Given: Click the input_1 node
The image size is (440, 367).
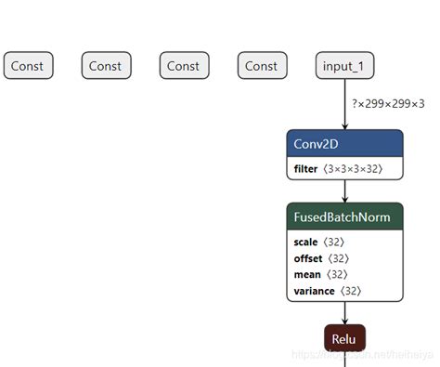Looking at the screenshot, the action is pyautogui.click(x=344, y=66).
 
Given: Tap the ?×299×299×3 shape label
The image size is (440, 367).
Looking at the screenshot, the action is pyautogui.click(x=388, y=104).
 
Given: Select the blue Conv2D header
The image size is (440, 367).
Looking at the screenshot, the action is pyautogui.click(x=344, y=144).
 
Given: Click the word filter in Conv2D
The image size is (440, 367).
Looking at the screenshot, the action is pyautogui.click(x=305, y=169).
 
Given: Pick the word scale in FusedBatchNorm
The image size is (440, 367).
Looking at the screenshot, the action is pyautogui.click(x=305, y=242).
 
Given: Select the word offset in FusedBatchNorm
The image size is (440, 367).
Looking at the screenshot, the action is pyautogui.click(x=307, y=258).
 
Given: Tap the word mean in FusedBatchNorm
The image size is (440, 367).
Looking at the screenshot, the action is pyautogui.click(x=306, y=275).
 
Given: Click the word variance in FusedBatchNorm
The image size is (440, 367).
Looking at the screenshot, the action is pyautogui.click(x=313, y=291).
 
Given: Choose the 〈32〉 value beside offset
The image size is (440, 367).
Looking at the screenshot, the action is pyautogui.click(x=339, y=258).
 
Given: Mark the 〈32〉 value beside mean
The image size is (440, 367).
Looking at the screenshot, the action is pyautogui.click(x=336, y=275).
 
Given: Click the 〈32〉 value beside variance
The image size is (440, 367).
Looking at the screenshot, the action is pyautogui.click(x=349, y=291).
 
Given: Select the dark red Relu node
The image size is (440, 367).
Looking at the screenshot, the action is pyautogui.click(x=344, y=339).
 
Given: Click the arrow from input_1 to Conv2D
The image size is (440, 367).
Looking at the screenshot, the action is pyautogui.click(x=345, y=104).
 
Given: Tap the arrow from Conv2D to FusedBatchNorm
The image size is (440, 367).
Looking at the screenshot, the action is pyautogui.click(x=345, y=190).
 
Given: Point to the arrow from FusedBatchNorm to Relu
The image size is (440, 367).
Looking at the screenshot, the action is pyautogui.click(x=345, y=312).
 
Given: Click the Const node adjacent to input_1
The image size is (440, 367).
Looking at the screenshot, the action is pyautogui.click(x=261, y=66).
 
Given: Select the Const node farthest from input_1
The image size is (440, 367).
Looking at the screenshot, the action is pyautogui.click(x=29, y=66).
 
